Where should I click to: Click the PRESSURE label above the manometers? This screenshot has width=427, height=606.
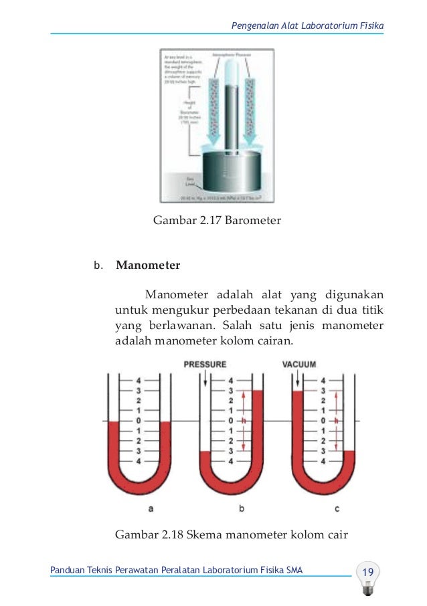(205, 365)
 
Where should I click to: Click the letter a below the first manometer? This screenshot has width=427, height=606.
(151, 508)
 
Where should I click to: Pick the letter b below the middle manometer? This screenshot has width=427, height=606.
(242, 508)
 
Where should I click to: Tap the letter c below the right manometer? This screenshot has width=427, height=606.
(337, 508)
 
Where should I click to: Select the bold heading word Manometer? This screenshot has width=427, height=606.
(148, 265)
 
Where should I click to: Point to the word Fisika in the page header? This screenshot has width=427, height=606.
(371, 25)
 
